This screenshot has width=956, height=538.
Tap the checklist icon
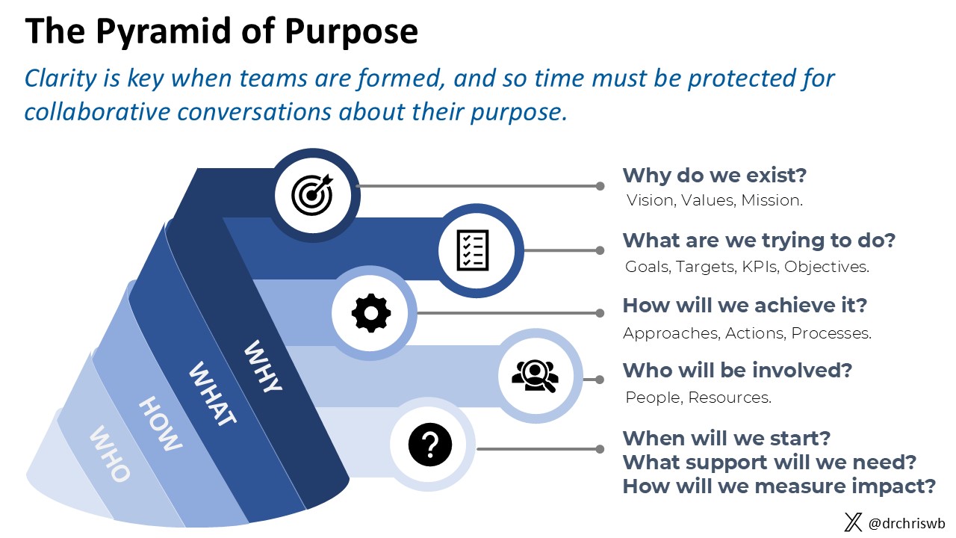[x=472, y=250]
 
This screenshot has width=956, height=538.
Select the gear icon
[x=370, y=312]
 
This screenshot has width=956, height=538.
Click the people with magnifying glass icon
[x=535, y=376]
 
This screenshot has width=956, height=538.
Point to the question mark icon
[x=431, y=447]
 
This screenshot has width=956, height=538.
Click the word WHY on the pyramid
[x=264, y=366]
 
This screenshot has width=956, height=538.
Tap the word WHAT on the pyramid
[x=212, y=394]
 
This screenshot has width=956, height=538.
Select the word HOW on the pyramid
[x=161, y=424]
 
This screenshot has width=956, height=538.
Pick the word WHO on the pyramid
[x=110, y=454]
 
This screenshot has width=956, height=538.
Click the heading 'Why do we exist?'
[x=715, y=176]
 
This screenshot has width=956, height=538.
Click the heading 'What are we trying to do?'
[x=759, y=241]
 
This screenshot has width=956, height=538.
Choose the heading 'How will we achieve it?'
[x=745, y=306]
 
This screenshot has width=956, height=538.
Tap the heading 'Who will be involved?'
[x=737, y=370]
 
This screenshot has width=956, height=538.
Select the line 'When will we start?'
[x=726, y=438]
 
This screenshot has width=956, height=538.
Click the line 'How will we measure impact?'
[x=779, y=486]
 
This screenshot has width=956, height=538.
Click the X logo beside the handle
[x=853, y=522]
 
